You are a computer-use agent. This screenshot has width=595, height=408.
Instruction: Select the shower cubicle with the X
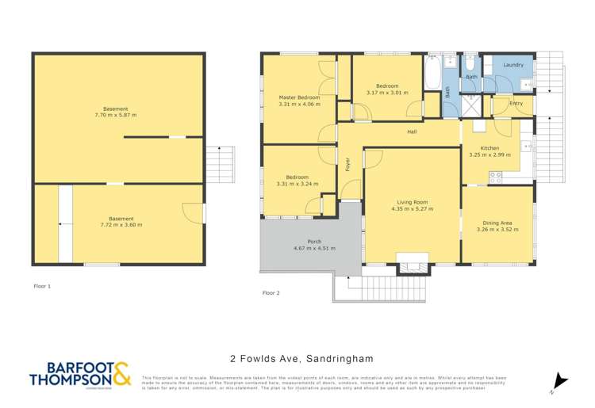[x=473, y=104]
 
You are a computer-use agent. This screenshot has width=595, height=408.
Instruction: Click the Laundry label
[x=513, y=64]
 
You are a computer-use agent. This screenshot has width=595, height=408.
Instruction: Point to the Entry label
[x=516, y=104]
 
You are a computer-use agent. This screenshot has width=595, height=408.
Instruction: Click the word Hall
[x=412, y=132]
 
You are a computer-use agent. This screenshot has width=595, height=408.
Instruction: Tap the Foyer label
[x=347, y=164]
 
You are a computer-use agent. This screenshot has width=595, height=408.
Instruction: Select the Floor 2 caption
[x=271, y=292]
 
